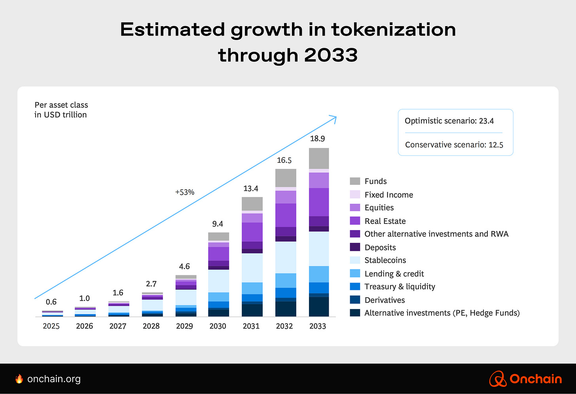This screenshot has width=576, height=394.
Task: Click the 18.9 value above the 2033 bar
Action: click(x=317, y=138)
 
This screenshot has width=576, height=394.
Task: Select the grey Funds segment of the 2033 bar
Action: click(x=318, y=158)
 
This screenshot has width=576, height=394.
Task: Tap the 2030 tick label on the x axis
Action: click(x=218, y=326)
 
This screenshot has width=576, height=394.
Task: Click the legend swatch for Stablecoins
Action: click(x=355, y=260)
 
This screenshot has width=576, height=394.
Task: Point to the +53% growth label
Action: click(x=185, y=192)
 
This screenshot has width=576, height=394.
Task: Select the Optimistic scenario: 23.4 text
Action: click(x=449, y=121)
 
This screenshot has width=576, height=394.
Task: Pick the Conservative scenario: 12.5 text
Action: click(x=454, y=145)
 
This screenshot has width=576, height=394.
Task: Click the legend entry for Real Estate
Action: click(x=385, y=221)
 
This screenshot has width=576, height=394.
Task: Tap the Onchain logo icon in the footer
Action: click(x=498, y=379)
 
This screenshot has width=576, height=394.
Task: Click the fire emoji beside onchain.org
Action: click(x=19, y=379)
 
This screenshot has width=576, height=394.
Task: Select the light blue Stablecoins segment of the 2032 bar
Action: click(x=286, y=257)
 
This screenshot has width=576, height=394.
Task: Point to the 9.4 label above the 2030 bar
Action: click(x=218, y=224)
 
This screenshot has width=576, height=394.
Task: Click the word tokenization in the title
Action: click(x=393, y=30)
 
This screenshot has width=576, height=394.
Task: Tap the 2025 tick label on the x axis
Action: click(x=51, y=326)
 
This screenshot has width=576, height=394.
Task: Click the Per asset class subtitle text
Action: click(x=61, y=105)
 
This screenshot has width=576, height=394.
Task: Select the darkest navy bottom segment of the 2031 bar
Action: click(x=252, y=310)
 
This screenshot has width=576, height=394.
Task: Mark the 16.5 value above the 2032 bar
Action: click(x=284, y=160)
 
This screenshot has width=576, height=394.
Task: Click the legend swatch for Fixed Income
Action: click(x=355, y=195)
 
